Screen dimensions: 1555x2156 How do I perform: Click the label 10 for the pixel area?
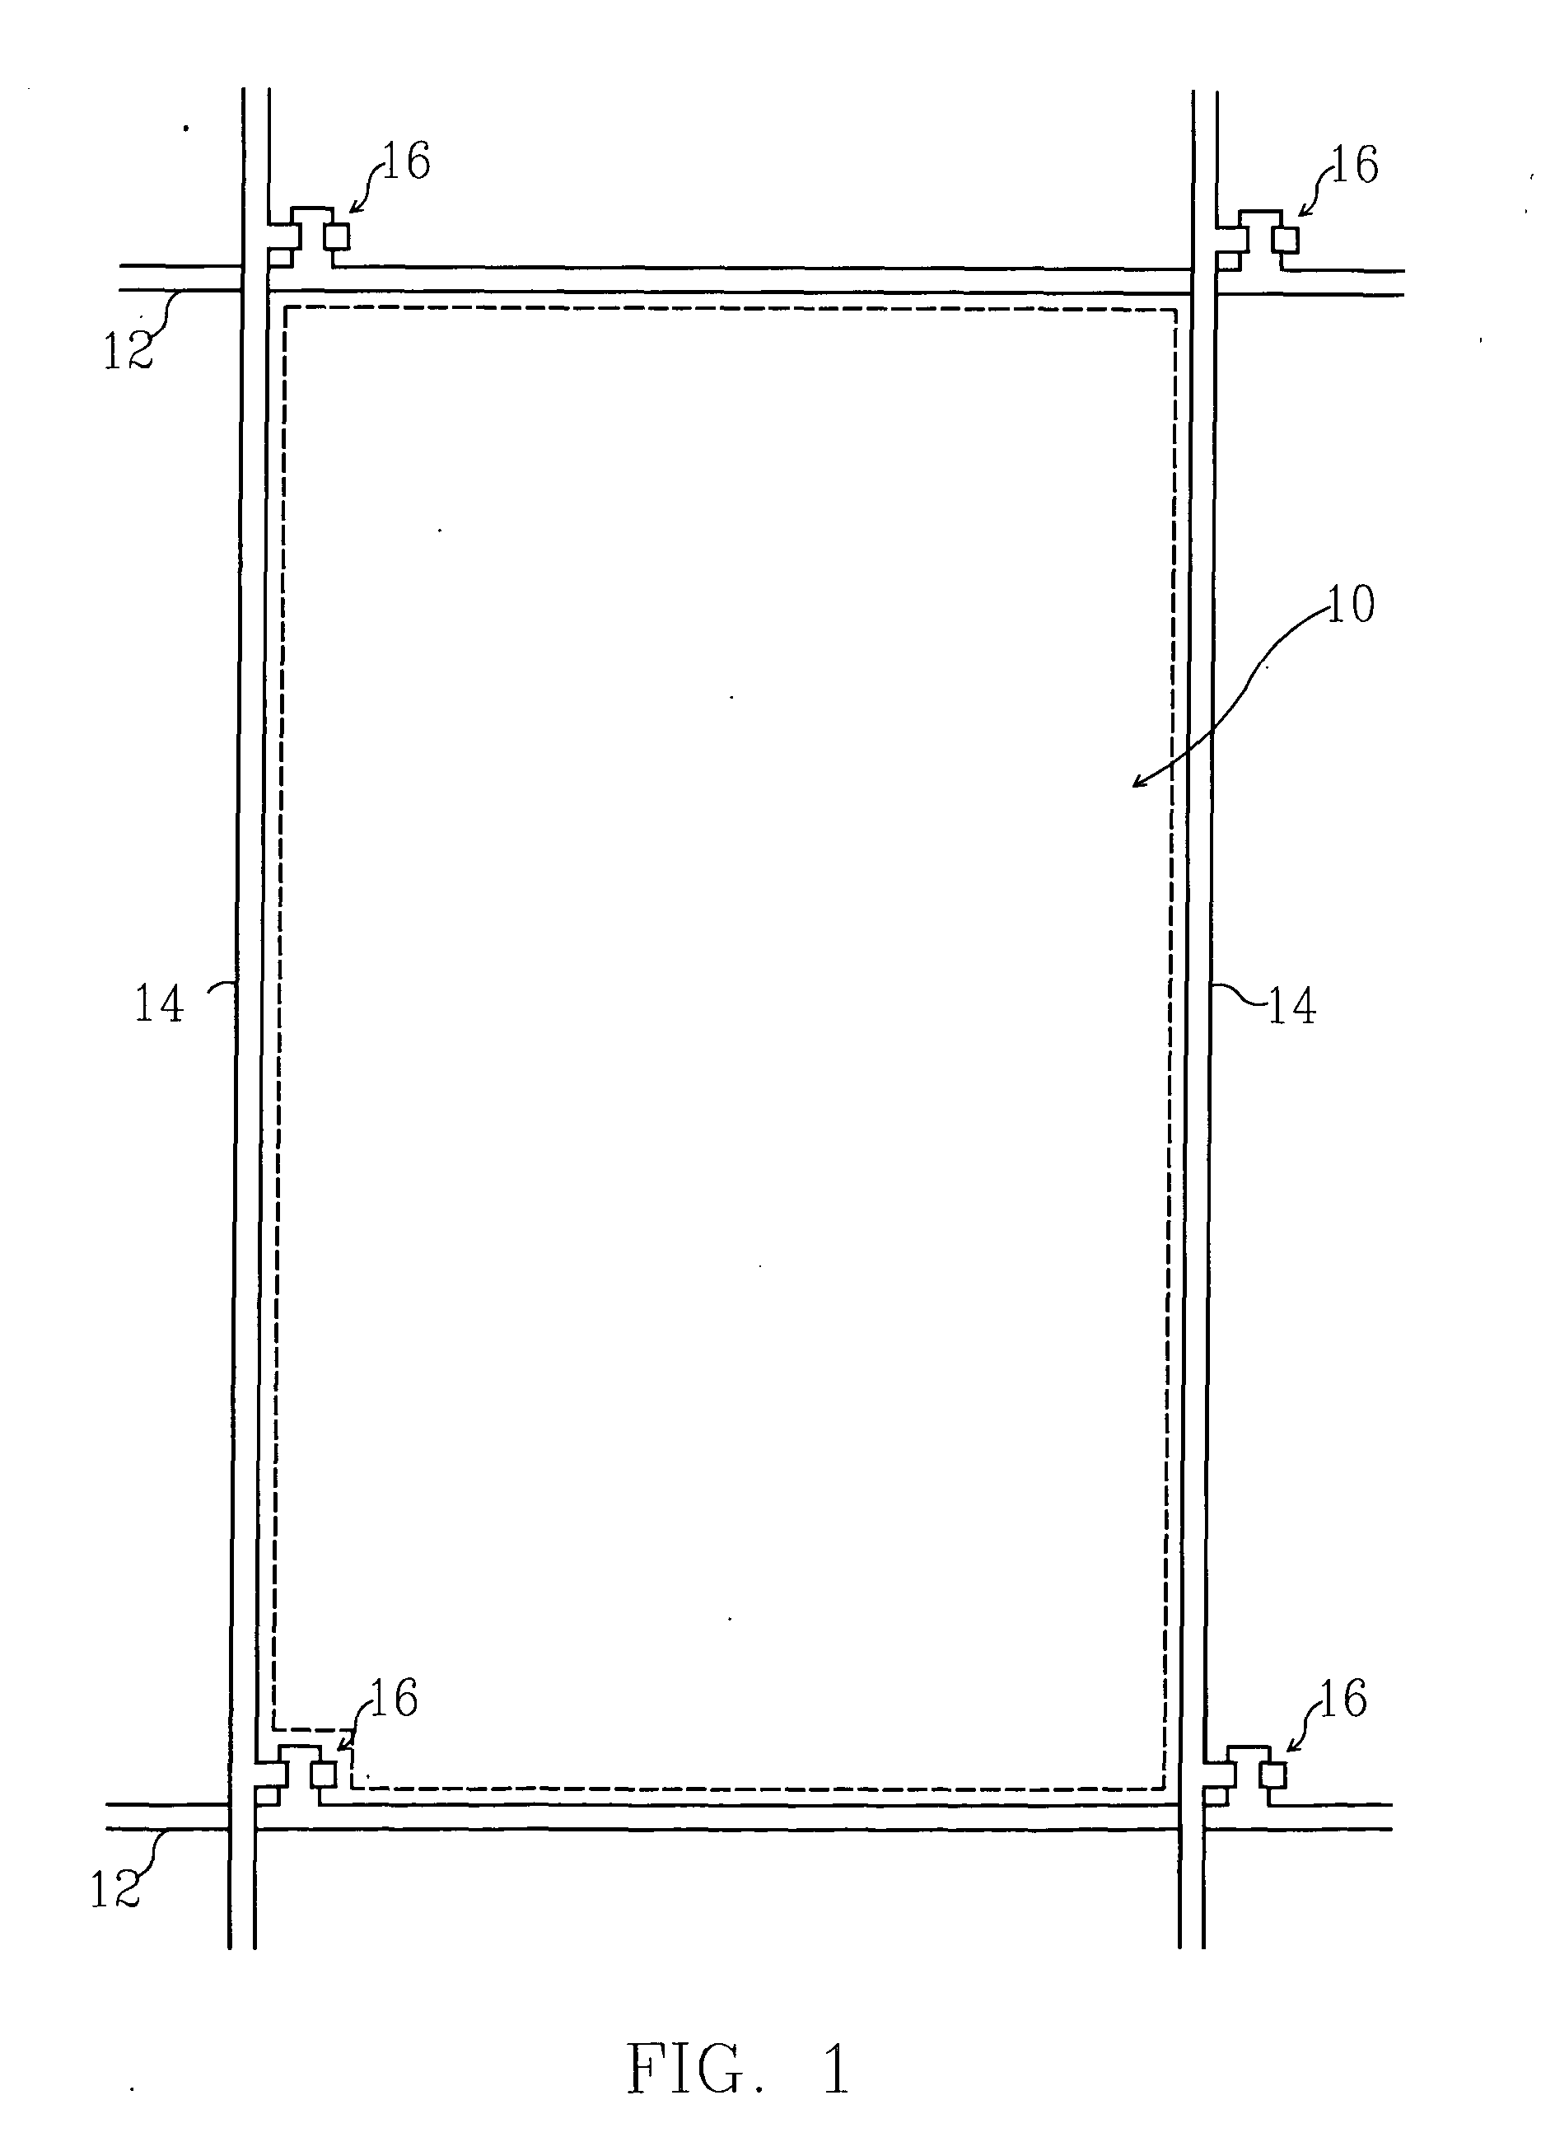(x=1350, y=605)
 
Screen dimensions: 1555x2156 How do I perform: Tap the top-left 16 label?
(x=406, y=161)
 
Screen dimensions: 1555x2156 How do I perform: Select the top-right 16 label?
(x=1354, y=166)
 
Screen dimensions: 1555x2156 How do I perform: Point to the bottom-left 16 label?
(x=394, y=1698)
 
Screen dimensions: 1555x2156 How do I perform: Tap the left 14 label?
(x=158, y=1003)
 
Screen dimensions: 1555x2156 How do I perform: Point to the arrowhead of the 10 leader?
(x=1136, y=785)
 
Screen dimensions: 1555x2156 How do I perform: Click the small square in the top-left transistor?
(x=338, y=236)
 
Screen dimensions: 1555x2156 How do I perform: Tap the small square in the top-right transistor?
(x=1287, y=240)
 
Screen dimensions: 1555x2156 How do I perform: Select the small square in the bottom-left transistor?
(x=325, y=1774)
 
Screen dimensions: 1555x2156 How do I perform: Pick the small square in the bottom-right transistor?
(x=1273, y=1774)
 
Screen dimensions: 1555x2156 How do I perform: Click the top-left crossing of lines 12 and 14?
(x=254, y=278)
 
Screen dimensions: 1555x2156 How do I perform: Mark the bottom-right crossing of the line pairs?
(x=1191, y=1817)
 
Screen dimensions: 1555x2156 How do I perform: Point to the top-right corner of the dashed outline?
(x=1176, y=310)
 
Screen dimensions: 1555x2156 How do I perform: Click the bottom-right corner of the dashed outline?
(x=1162, y=1787)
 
